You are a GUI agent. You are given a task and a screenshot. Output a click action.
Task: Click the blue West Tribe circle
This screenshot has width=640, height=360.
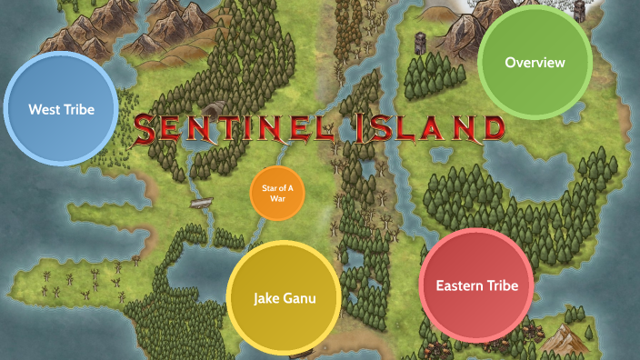click(x=61, y=110)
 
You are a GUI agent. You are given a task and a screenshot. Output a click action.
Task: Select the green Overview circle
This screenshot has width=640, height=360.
click(x=535, y=63)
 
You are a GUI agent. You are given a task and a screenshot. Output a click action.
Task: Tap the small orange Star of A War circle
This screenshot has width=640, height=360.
click(x=276, y=193)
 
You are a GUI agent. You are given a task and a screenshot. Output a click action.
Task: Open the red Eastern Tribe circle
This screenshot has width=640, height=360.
click(x=476, y=285)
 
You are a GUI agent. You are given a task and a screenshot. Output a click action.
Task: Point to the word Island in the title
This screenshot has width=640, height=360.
click(x=427, y=128)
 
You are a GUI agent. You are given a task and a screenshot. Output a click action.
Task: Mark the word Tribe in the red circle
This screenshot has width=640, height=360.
click(x=502, y=285)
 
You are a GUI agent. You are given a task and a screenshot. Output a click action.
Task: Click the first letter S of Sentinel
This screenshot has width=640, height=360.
click(x=148, y=130)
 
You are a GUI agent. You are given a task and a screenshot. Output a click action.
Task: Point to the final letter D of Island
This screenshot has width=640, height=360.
click(x=490, y=128)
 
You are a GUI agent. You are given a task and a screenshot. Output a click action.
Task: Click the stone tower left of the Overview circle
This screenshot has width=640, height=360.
click(x=421, y=42)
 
